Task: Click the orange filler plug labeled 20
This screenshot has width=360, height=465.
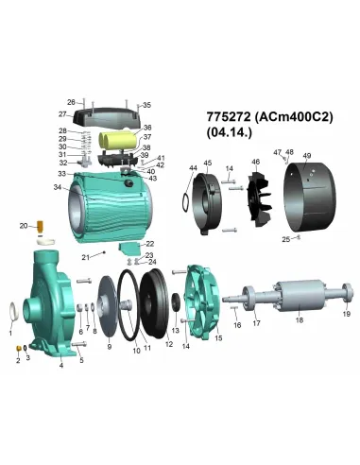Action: pos(41,228)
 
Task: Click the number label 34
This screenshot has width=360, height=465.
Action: pos(58,187)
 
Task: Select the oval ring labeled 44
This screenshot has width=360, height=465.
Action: pos(180,199)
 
